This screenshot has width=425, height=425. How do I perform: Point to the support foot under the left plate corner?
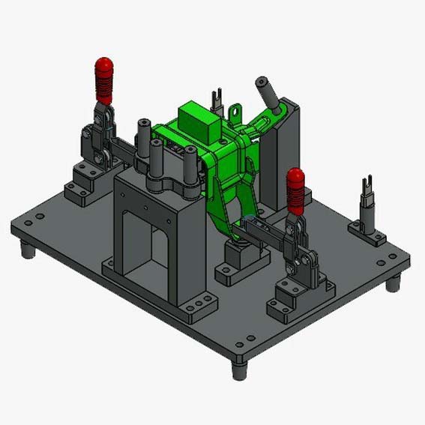click(x=28, y=250)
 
